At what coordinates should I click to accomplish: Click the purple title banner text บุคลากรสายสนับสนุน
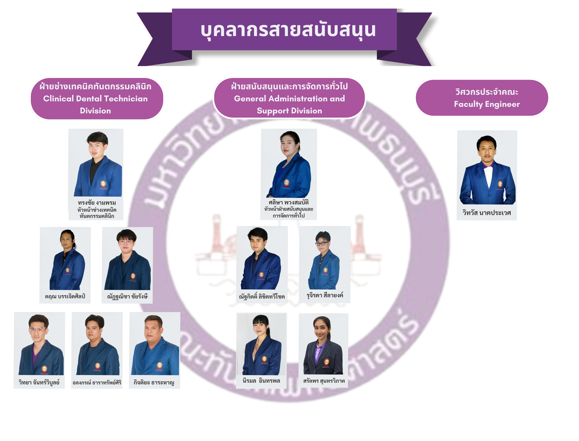pyautogui.click(x=288, y=30)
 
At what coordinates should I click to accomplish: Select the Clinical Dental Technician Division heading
pyautogui.click(x=95, y=98)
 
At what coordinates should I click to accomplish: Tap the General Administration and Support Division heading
pyautogui.click(x=289, y=98)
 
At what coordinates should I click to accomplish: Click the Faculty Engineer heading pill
pyautogui.click(x=487, y=98)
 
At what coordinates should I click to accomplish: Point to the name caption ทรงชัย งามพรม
pyautogui.click(x=97, y=203)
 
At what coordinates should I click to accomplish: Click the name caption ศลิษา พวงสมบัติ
pyautogui.click(x=289, y=202)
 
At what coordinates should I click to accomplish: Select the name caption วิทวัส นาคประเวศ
pyautogui.click(x=487, y=213)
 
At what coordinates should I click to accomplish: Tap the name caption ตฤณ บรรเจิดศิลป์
pyautogui.click(x=65, y=296)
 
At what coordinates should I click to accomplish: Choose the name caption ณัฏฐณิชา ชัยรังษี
pyautogui.click(x=127, y=296)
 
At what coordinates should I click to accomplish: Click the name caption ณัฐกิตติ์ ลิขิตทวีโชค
pyautogui.click(x=261, y=296)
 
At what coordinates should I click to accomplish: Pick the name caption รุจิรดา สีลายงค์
pyautogui.click(x=324, y=295)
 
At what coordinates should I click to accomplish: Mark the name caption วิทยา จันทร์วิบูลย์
pyautogui.click(x=39, y=382)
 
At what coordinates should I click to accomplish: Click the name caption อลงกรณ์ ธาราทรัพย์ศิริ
pyautogui.click(x=97, y=382)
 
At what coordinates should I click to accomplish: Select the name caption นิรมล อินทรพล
pyautogui.click(x=261, y=381)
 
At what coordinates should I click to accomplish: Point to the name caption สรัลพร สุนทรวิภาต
pyautogui.click(x=324, y=381)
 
